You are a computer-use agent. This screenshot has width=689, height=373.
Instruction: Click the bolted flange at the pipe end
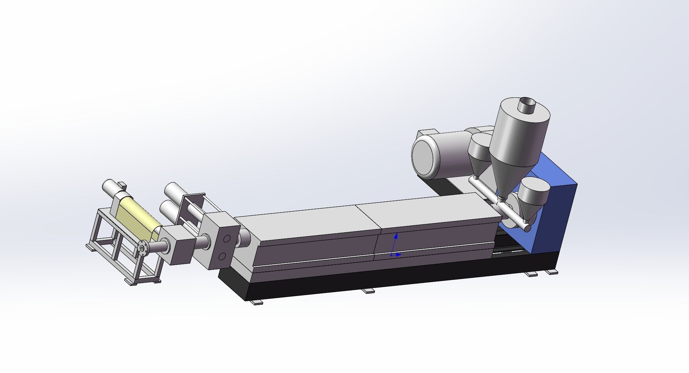[142, 248]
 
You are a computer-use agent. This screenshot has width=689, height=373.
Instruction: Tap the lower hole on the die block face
[222, 257]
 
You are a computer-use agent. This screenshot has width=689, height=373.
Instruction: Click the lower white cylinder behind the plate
[168, 210]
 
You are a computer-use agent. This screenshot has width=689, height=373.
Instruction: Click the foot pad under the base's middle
[368, 291]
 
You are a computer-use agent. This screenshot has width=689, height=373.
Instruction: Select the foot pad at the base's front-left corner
[257, 302]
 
